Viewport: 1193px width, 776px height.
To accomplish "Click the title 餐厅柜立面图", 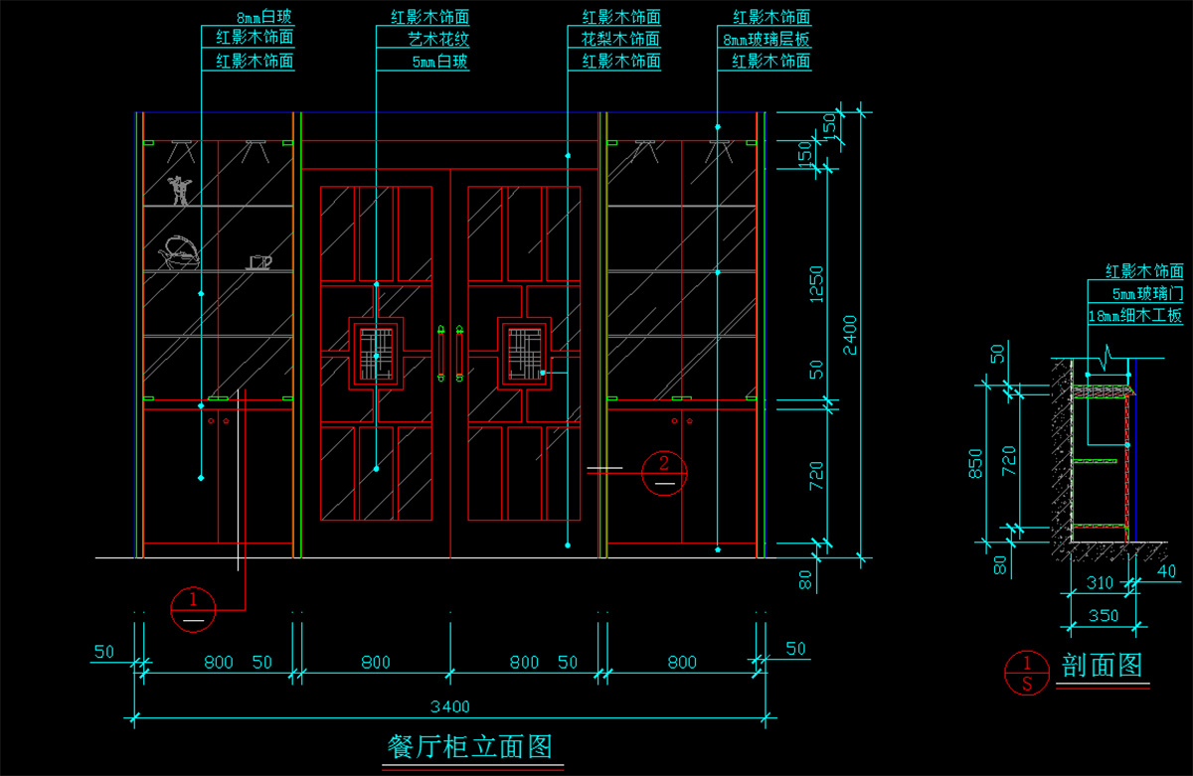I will tap(468, 745).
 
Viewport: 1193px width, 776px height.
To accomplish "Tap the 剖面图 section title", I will tap(1102, 665).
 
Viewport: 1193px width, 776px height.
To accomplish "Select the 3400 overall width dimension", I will tap(449, 706).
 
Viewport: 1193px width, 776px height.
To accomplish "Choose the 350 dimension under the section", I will tap(1104, 615).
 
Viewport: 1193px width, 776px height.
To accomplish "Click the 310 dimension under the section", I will tap(1101, 583).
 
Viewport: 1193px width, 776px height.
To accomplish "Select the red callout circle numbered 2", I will tap(665, 473).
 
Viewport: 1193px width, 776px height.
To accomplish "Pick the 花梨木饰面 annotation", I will tap(620, 39).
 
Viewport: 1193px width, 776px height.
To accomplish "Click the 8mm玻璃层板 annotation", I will tap(767, 39).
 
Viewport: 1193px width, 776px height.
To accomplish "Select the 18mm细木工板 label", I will tap(1135, 315).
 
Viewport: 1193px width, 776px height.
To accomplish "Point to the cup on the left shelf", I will tap(258, 261).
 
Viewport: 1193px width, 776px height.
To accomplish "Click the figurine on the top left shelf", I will tap(178, 190).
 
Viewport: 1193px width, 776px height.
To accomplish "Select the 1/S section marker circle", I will tap(1027, 673).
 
